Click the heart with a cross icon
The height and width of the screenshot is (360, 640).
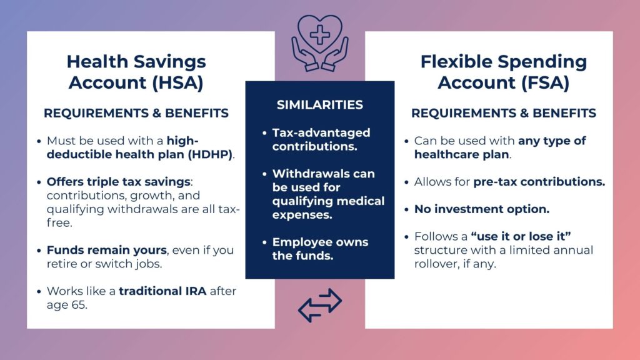coord(319,34)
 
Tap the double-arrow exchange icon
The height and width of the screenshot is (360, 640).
coord(319,305)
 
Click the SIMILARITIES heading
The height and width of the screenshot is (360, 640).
coord(319,104)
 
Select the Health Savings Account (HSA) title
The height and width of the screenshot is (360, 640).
coord(136,72)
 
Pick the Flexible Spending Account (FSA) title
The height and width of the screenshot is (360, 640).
coord(503,72)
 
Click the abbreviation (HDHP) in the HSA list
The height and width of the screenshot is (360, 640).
coord(212,155)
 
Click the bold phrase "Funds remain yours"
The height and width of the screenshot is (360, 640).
coord(107,250)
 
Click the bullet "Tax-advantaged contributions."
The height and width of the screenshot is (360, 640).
coord(321,139)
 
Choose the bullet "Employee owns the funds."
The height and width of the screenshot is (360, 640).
coord(320,249)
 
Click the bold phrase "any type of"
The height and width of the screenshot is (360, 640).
coord(552,141)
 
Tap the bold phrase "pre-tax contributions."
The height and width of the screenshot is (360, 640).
coord(539,182)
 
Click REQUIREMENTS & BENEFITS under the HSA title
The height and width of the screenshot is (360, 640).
coord(136,113)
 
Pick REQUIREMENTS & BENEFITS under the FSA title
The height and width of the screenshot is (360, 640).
coord(503,113)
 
